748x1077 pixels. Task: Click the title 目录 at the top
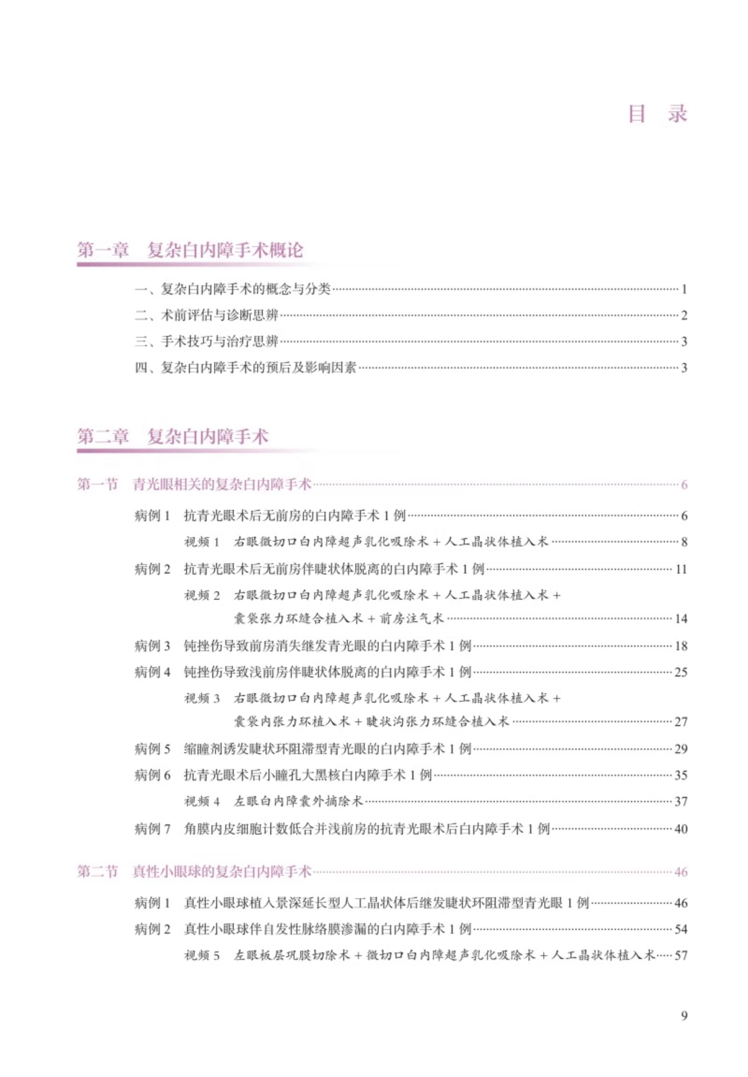[x=658, y=114]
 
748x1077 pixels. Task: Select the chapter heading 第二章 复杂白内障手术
[x=173, y=437]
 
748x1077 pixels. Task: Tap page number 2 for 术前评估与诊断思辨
[x=684, y=316]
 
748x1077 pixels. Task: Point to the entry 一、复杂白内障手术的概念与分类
[x=233, y=289]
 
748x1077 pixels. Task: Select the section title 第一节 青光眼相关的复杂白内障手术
[x=194, y=484]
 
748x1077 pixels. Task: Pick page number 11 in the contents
[x=680, y=570]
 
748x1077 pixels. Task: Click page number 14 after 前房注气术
[x=680, y=619]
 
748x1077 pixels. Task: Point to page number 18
[x=680, y=646]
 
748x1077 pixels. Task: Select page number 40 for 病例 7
[x=680, y=829]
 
